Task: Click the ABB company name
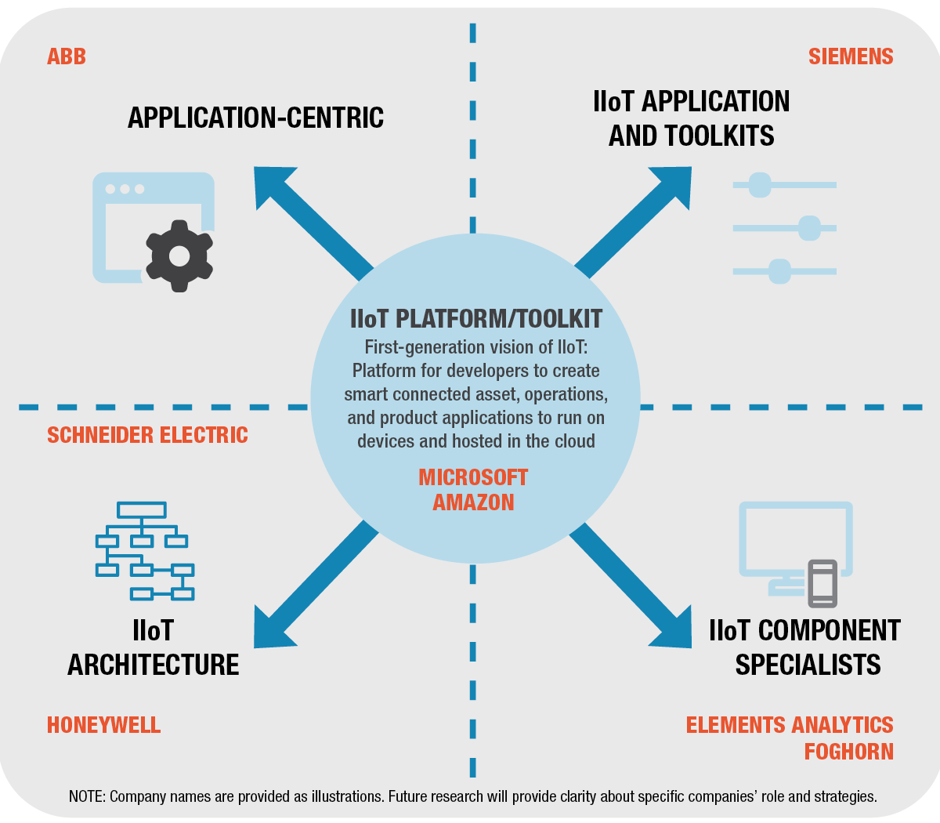click(x=67, y=56)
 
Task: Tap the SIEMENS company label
click(x=851, y=56)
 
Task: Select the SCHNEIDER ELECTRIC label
click(x=147, y=435)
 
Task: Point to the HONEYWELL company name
click(x=104, y=725)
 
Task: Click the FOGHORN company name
click(x=849, y=752)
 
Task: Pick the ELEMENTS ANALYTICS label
click(x=790, y=725)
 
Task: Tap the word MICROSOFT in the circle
click(x=473, y=477)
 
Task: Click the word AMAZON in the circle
click(x=473, y=502)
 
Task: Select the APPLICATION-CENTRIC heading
click(x=256, y=118)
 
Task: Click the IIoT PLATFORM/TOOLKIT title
click(x=476, y=319)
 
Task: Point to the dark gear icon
click(x=179, y=256)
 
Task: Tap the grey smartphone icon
click(x=822, y=583)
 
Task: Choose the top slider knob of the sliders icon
click(x=760, y=186)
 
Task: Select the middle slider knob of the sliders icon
click(x=809, y=229)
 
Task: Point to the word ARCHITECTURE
click(x=154, y=665)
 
